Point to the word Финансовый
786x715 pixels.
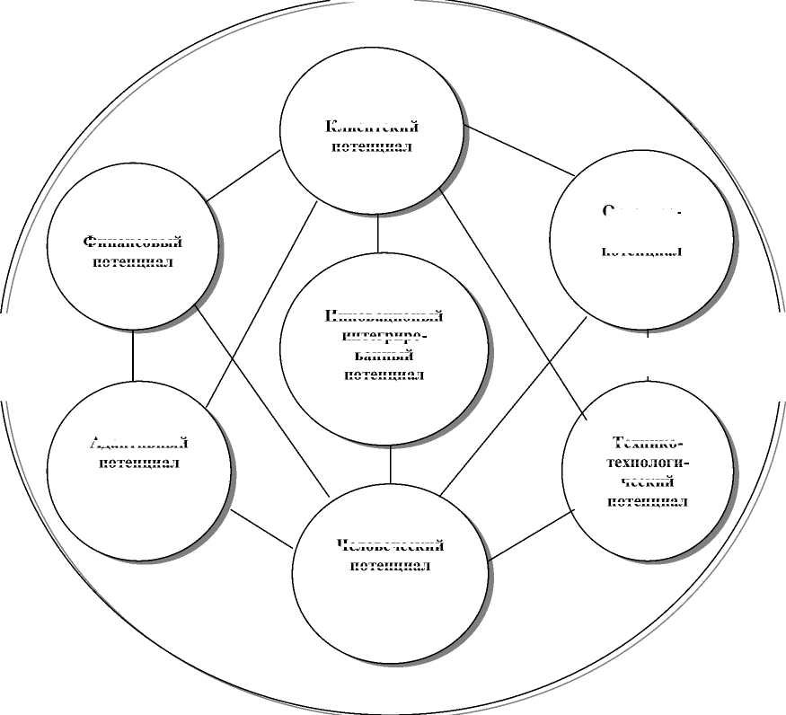(x=133, y=243)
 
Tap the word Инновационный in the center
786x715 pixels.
(x=384, y=316)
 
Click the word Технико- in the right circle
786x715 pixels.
(x=648, y=443)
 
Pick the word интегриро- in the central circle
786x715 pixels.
(x=384, y=336)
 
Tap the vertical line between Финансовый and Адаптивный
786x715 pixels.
(x=133, y=357)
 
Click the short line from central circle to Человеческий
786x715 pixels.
(x=391, y=463)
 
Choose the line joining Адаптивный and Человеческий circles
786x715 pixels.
(x=261, y=529)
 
